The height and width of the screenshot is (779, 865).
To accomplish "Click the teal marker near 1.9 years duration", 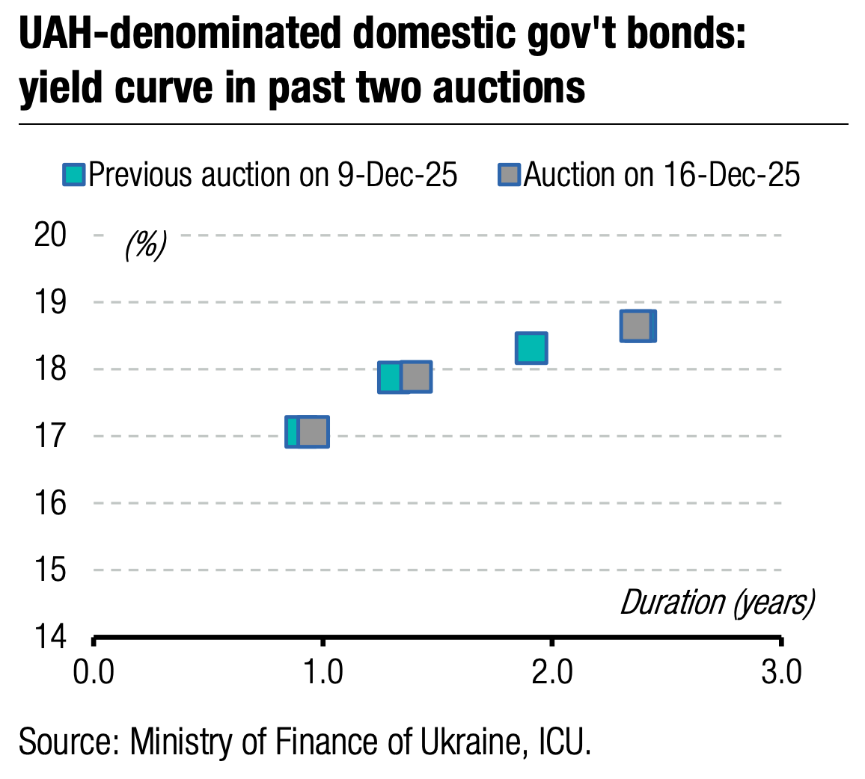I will click(531, 348).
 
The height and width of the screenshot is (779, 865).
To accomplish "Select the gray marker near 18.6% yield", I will click(638, 326).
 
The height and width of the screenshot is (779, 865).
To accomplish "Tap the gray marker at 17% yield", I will click(313, 432).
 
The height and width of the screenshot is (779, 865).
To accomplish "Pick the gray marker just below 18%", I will click(416, 377).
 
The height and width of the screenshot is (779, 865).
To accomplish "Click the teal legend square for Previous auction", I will click(75, 175).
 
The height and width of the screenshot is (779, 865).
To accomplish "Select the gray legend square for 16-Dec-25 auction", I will click(510, 175).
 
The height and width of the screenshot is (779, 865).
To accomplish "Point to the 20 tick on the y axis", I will click(51, 235).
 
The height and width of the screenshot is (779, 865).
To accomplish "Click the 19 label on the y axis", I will click(51, 302).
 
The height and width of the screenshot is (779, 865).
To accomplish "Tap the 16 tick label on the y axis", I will click(51, 503).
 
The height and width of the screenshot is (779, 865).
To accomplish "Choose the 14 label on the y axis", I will click(51, 637).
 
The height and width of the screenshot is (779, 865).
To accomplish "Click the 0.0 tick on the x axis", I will click(94, 672).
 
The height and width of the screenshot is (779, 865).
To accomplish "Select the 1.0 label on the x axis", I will click(323, 672).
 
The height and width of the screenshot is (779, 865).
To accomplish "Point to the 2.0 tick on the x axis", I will click(552, 672).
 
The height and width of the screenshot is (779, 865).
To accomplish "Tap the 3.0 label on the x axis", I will click(781, 672).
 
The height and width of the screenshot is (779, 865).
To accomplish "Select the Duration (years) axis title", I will click(717, 603).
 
